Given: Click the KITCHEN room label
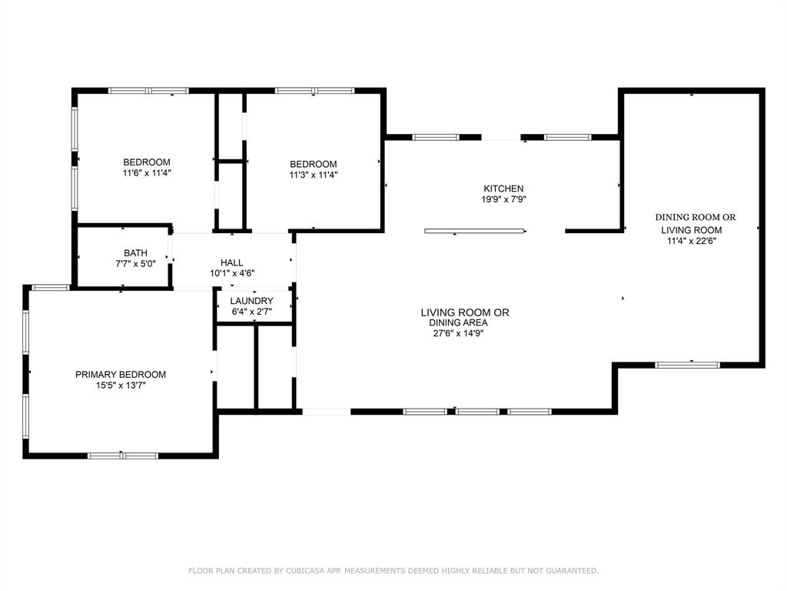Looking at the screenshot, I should pyautogui.click(x=503, y=189).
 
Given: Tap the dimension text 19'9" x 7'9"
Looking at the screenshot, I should pyautogui.click(x=503, y=199).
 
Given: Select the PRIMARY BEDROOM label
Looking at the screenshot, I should pyautogui.click(x=120, y=375).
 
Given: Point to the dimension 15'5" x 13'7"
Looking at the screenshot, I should pyautogui.click(x=120, y=386).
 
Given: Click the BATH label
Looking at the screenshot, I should pyautogui.click(x=135, y=253).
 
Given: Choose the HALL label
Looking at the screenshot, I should pyautogui.click(x=231, y=263).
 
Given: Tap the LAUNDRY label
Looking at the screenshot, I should pyautogui.click(x=251, y=301).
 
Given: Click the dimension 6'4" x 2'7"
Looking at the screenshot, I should pyautogui.click(x=251, y=312).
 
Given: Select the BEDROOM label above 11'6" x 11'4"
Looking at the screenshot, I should pyautogui.click(x=147, y=162).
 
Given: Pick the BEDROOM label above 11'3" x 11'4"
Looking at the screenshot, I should pyautogui.click(x=313, y=164).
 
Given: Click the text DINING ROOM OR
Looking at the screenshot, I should pyautogui.click(x=695, y=217).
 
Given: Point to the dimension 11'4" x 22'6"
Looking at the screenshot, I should pyautogui.click(x=695, y=241).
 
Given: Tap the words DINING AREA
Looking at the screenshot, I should pyautogui.click(x=458, y=322).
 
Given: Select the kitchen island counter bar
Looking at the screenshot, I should pyautogui.click(x=475, y=230).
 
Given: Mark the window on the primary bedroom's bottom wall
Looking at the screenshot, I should pyautogui.click(x=123, y=456).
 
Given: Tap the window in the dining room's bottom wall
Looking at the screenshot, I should pyautogui.click(x=687, y=365).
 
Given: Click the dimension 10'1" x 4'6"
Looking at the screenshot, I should pyautogui.click(x=231, y=273).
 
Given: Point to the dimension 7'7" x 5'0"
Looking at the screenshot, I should pyautogui.click(x=135, y=264).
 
